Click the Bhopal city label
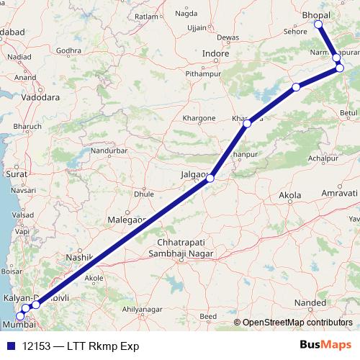(316, 15)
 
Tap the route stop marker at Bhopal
(318, 24)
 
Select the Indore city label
(215, 54)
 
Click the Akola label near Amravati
(290, 196)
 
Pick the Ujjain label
(177, 27)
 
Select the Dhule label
(145, 194)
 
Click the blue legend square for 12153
(8, 346)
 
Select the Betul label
(348, 113)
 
